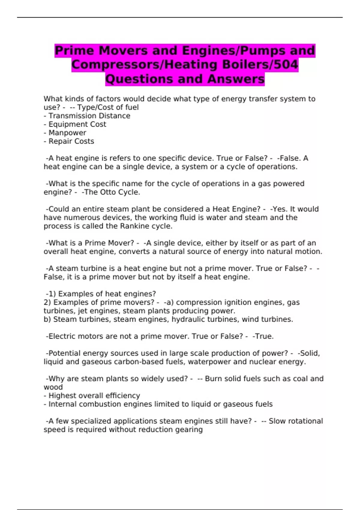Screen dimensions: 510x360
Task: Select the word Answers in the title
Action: point(236,79)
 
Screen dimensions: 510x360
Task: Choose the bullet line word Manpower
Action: point(67,133)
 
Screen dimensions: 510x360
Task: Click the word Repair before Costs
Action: point(58,141)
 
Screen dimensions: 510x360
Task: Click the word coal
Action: point(300,379)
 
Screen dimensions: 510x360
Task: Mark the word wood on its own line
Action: point(53,387)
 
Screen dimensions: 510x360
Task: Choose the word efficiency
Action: point(123,396)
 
